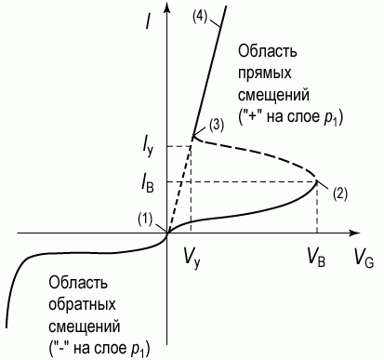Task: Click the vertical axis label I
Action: (x=150, y=20)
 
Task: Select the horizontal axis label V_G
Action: (x=364, y=259)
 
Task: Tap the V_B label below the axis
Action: (x=316, y=259)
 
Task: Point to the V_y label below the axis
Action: (x=192, y=260)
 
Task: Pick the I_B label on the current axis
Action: (x=147, y=184)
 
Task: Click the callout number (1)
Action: (x=145, y=220)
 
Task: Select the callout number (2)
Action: (x=340, y=193)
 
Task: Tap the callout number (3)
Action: (x=216, y=126)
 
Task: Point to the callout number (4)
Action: (x=199, y=16)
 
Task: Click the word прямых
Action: (x=265, y=73)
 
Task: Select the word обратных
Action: (x=83, y=304)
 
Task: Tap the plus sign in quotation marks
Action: (x=249, y=117)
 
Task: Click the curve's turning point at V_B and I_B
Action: (x=317, y=181)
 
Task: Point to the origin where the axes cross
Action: (x=167, y=233)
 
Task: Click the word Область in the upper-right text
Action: (x=268, y=51)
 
